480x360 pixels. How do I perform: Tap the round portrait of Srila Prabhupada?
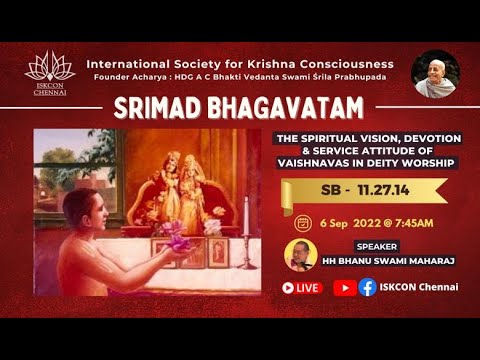click(435, 74)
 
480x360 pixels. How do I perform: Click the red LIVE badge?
click(302, 288)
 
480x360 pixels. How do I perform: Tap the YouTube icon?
click(344, 288)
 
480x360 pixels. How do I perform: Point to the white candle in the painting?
click(245, 212)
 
